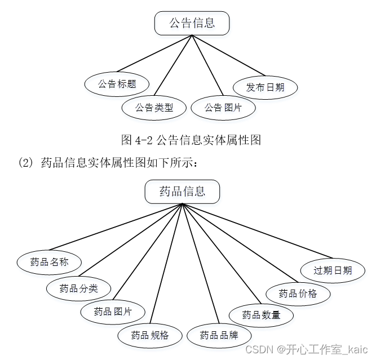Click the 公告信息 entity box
192,23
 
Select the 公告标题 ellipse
117,84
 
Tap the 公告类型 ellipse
154,107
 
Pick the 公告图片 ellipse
223,107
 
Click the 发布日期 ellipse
266,87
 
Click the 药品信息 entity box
182,191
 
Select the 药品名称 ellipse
50,261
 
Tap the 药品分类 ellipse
79,288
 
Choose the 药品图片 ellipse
113,311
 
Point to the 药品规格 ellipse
150,335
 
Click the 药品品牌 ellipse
219,335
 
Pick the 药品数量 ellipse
261,314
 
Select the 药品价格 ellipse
298,293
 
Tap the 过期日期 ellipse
333,270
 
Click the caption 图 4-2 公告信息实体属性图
191,140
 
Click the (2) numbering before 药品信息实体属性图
27,163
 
